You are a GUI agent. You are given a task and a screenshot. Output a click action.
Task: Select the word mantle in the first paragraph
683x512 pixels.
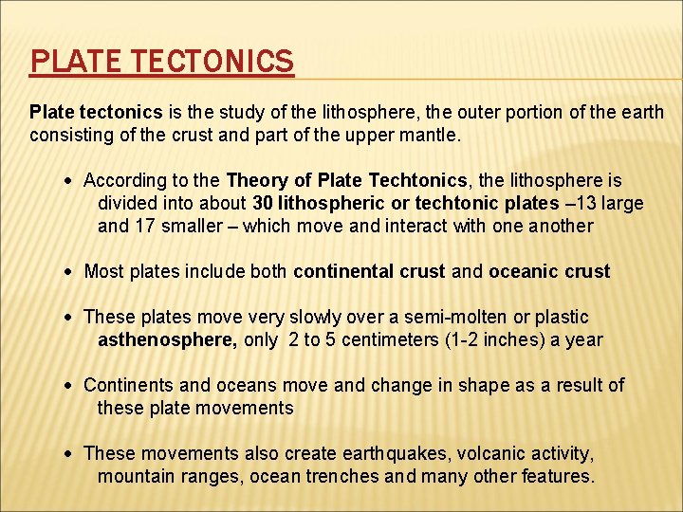427,136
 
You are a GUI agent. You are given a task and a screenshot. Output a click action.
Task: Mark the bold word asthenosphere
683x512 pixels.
167,339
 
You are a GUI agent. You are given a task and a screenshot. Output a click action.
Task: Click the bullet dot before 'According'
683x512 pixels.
73,181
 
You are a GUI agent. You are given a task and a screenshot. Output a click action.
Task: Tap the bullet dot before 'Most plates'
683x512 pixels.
73,272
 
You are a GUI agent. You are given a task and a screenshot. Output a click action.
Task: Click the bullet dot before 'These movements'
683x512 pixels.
73,454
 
